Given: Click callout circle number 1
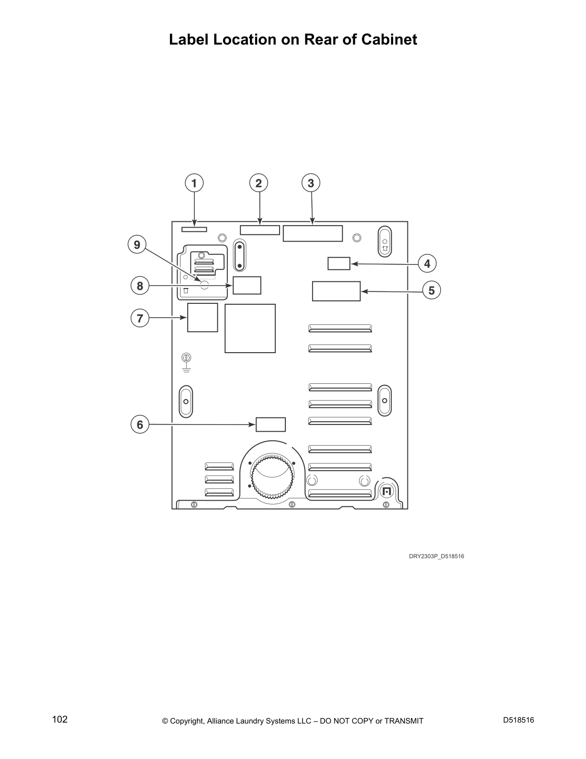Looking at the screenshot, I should pos(194,183).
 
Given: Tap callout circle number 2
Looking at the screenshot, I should pos(259,183).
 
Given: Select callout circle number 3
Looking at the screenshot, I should pos(311,183).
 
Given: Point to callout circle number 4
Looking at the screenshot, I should pos(427,264).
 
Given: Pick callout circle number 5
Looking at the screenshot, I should pos(431,290).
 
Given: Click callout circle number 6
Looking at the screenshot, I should pos(140,425).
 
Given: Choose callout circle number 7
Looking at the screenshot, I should pos(140,318).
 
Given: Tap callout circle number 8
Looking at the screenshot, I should pos(140,286).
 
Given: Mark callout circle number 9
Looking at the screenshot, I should pos(137,245).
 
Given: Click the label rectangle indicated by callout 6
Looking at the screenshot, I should pos(270,425).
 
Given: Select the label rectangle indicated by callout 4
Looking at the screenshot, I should pos(339,264).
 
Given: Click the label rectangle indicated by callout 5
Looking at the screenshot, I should pos(336,291).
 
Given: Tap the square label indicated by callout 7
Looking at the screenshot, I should pos(203,317).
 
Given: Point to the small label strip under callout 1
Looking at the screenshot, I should pos(194,230).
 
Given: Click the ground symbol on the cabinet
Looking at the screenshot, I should pos(187,363).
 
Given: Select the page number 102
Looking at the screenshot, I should pos(60,719).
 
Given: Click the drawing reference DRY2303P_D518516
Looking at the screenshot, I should pos(436,556).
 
